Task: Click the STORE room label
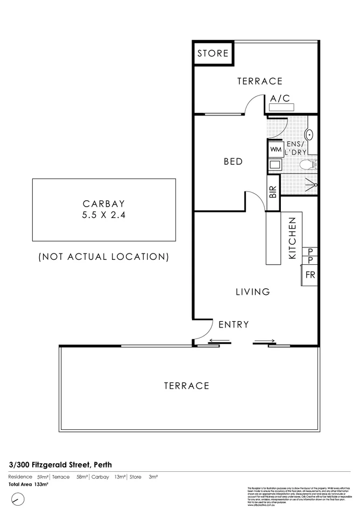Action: coord(213,54)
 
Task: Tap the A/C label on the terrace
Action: coord(280,98)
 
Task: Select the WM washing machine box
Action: coord(275,149)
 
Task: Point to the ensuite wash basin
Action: coord(310,134)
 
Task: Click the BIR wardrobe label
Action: coord(273,193)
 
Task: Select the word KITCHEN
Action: coord(293,238)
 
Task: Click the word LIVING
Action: coord(252,292)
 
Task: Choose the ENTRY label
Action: coord(234,324)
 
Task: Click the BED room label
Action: coord(233,161)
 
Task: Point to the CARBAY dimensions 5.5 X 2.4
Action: coord(104,214)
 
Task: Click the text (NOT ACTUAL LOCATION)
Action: coord(104,257)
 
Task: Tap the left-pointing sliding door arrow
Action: coord(218,340)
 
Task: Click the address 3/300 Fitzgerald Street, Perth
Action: coord(60,464)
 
